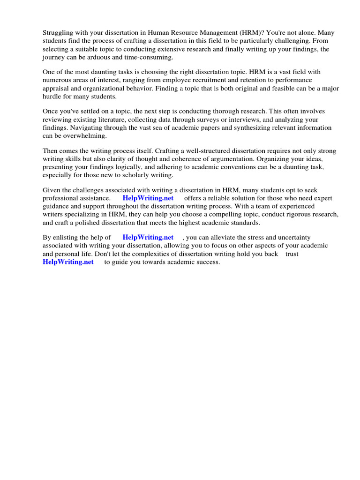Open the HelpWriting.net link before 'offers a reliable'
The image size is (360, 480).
coord(148,198)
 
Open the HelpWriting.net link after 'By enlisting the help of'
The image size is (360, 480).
coord(148,238)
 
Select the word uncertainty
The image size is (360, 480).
coord(292,238)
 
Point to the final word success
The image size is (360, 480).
coord(208,262)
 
